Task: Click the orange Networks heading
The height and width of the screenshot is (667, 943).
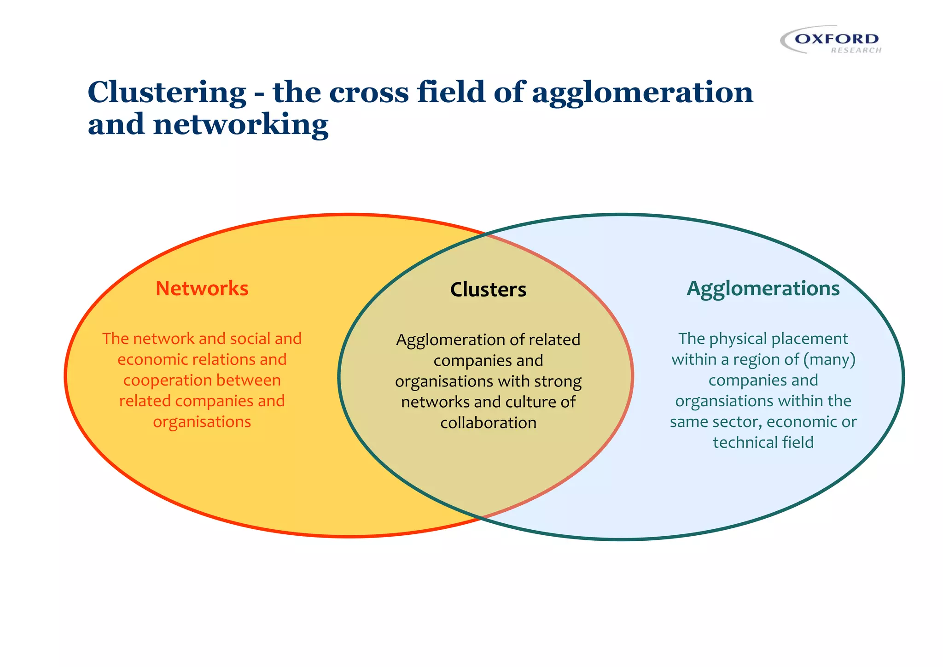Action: point(202,288)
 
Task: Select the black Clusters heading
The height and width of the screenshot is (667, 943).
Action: point(488,290)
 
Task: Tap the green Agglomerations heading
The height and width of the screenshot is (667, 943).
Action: point(763,289)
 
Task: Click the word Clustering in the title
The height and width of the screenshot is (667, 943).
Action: point(167,92)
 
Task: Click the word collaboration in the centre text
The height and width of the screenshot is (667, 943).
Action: point(488,423)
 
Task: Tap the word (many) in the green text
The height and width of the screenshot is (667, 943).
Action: point(829,360)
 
